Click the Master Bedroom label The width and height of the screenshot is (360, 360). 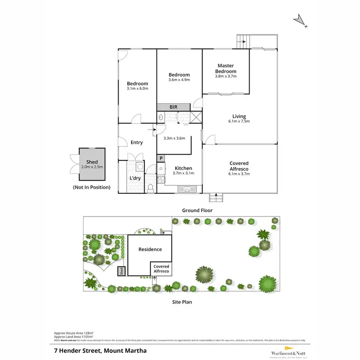point(225,68)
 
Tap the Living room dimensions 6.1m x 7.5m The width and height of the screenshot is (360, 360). point(239,121)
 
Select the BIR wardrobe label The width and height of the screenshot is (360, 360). point(173,107)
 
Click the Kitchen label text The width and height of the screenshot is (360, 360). point(183,168)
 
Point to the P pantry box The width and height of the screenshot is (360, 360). point(161,158)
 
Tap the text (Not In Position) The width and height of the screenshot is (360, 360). point(91,187)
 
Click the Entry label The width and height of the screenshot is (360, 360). point(136,142)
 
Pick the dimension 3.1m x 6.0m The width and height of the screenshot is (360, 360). point(137,89)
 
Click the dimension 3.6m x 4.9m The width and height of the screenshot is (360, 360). point(179,80)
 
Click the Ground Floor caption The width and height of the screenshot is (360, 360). point(197,210)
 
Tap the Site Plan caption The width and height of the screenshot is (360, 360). point(182,302)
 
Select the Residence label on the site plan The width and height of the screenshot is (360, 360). point(150,249)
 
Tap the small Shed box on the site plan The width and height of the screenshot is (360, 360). point(121,271)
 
